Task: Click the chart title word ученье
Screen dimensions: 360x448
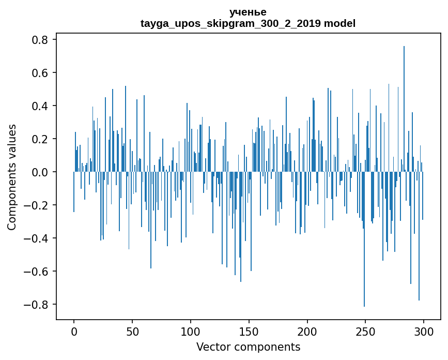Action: tap(248, 12)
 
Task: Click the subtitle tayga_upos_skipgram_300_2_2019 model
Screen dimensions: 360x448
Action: tap(248, 23)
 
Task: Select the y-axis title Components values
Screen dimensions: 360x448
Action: tap(12, 177)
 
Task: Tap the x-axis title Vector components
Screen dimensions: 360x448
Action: tap(248, 347)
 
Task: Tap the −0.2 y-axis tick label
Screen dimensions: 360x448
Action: tap(36, 205)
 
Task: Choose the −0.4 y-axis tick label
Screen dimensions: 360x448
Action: tap(36, 238)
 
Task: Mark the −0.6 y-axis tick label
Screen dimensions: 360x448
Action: tap(36, 272)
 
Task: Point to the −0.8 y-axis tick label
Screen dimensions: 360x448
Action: tap(36, 305)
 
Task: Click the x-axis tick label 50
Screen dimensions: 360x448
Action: tap(132, 331)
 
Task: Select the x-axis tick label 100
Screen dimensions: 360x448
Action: tap(191, 331)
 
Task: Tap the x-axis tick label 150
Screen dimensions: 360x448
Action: tap(249, 331)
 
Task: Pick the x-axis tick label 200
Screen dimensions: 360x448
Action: tap(307, 331)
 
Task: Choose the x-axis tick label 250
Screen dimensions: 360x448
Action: tap(366, 331)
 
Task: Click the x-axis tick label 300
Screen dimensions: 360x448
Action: tap(424, 331)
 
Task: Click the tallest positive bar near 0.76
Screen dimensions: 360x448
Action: tap(404, 103)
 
